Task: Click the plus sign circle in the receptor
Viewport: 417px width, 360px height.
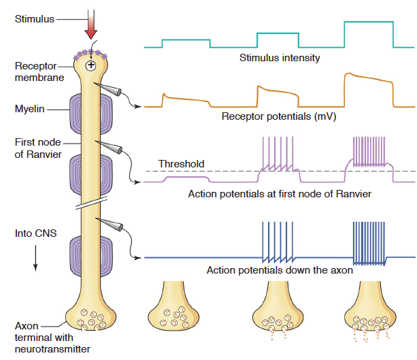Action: tap(91, 65)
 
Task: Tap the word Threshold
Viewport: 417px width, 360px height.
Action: tap(181, 164)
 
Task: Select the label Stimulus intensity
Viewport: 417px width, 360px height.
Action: tap(280, 58)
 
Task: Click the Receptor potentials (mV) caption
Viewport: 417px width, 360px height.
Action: tap(280, 116)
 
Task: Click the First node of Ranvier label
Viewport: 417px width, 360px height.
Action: tap(37, 148)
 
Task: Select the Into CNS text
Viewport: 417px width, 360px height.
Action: tap(35, 234)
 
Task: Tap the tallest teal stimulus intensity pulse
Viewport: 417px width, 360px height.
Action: tap(369, 31)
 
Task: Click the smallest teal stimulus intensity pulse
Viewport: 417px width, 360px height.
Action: tap(185, 43)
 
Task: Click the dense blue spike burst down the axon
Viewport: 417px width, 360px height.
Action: tap(369, 244)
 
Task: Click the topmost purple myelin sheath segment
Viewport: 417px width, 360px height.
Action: tap(91, 109)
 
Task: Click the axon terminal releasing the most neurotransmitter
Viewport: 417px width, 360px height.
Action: tap(371, 310)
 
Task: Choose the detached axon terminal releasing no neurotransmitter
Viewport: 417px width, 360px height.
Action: tap(174, 306)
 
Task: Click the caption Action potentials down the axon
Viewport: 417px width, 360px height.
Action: tap(280, 270)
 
